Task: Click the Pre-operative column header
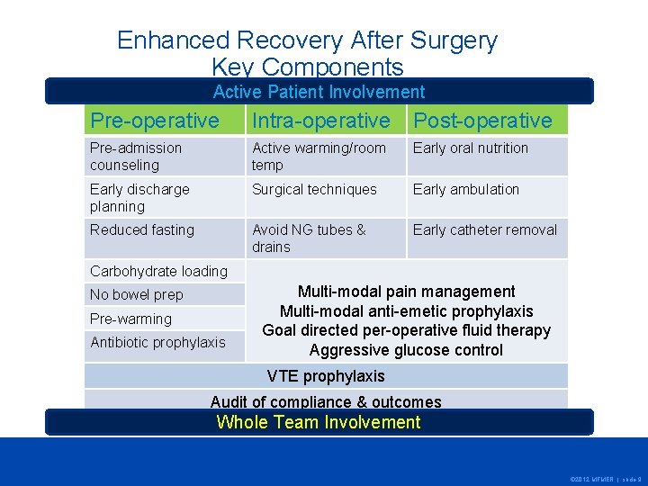pyautogui.click(x=154, y=121)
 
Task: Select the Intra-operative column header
pyautogui.click(x=321, y=121)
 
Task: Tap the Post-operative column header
pyautogui.click(x=482, y=121)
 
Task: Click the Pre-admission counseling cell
pyautogui.click(x=136, y=157)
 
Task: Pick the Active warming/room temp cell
pyautogui.click(x=319, y=157)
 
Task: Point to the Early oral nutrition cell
pyautogui.click(x=471, y=148)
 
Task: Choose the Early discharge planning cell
pyautogui.click(x=139, y=197)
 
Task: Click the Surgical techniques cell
pyautogui.click(x=314, y=190)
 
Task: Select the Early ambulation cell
pyautogui.click(x=466, y=190)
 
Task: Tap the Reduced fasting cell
pyautogui.click(x=142, y=230)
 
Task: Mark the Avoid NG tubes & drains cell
pyautogui.click(x=309, y=238)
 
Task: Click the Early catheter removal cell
pyautogui.click(x=485, y=230)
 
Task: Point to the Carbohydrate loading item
pyautogui.click(x=158, y=271)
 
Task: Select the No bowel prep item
pyautogui.click(x=136, y=295)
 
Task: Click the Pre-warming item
pyautogui.click(x=130, y=319)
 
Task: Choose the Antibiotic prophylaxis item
pyautogui.click(x=157, y=342)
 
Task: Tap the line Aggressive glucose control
pyautogui.click(x=406, y=350)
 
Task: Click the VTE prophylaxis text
pyautogui.click(x=326, y=376)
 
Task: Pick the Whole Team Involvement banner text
pyautogui.click(x=319, y=422)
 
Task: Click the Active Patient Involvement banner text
pyautogui.click(x=319, y=92)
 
